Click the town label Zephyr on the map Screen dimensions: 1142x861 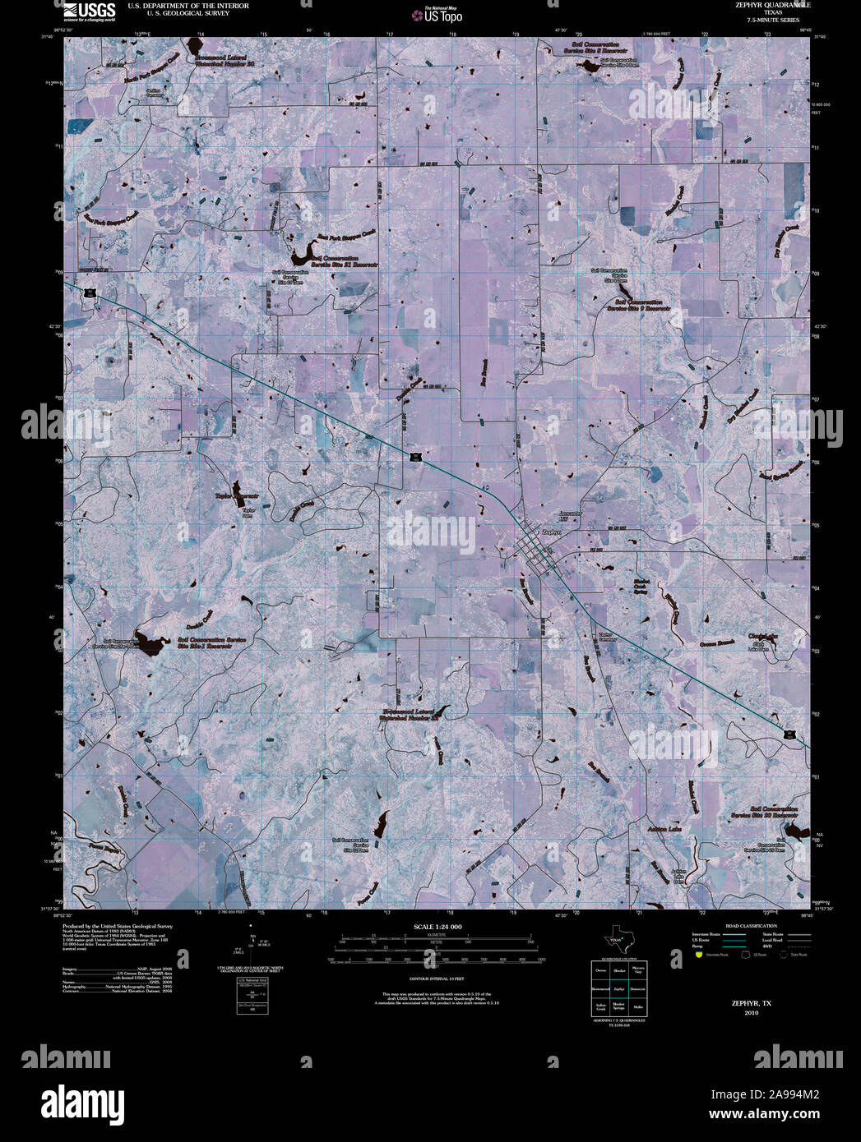coord(552,532)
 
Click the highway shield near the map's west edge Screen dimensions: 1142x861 coord(86,291)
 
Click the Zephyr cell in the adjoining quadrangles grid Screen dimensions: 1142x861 coord(618,989)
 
